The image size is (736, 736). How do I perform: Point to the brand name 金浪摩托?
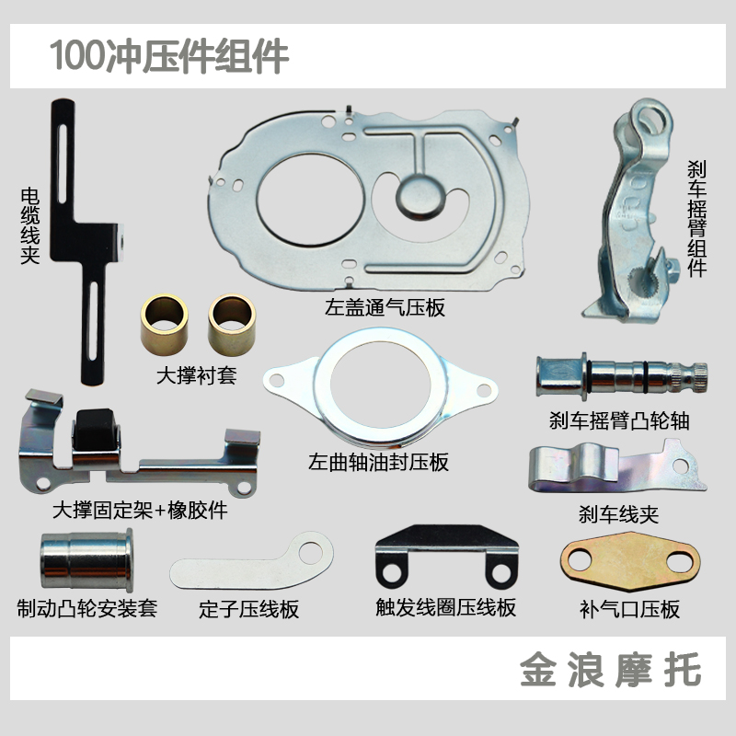pos(610,669)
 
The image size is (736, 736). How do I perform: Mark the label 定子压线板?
pos(249,609)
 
